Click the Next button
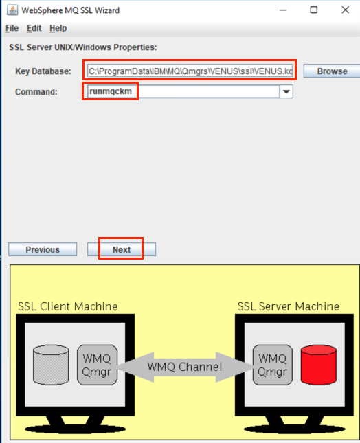pos(122,249)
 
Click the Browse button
pos(332,71)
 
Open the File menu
pos(12,28)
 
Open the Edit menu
pos(34,28)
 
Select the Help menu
pos(58,28)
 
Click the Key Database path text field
pos(190,71)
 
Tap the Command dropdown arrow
pos(286,91)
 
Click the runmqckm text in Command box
pos(111,91)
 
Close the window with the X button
pos(346,10)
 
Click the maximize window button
pos(314,10)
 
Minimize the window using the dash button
pos(283,10)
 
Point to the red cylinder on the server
pos(319,365)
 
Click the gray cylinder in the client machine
pos(51,365)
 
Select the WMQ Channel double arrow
pos(185,367)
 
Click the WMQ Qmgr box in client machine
pos(97,365)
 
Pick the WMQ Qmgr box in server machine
pos(272,365)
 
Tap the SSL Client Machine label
pos(67,306)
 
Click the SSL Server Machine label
pos(289,306)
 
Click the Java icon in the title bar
pos(12,10)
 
